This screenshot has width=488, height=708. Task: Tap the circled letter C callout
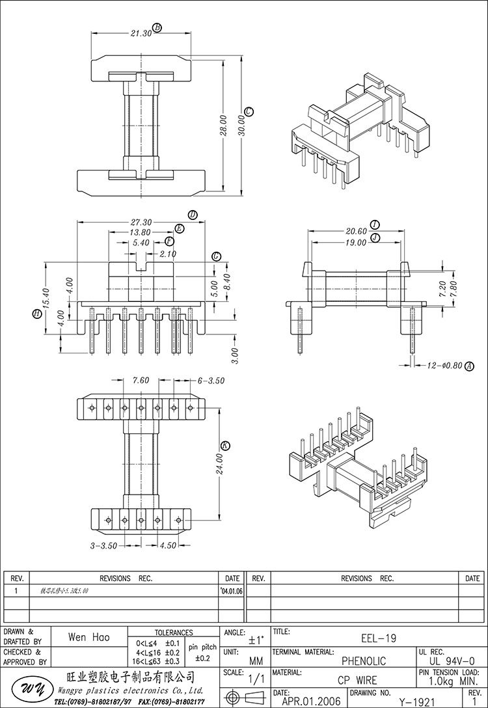[249, 111]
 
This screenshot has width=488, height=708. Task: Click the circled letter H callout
[37, 314]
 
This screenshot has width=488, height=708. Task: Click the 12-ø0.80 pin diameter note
[446, 366]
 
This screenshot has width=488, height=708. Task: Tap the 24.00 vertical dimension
[219, 463]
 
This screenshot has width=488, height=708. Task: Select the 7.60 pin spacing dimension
[141, 381]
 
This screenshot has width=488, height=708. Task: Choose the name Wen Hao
[89, 638]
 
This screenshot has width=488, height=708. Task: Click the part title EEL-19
[378, 639]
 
